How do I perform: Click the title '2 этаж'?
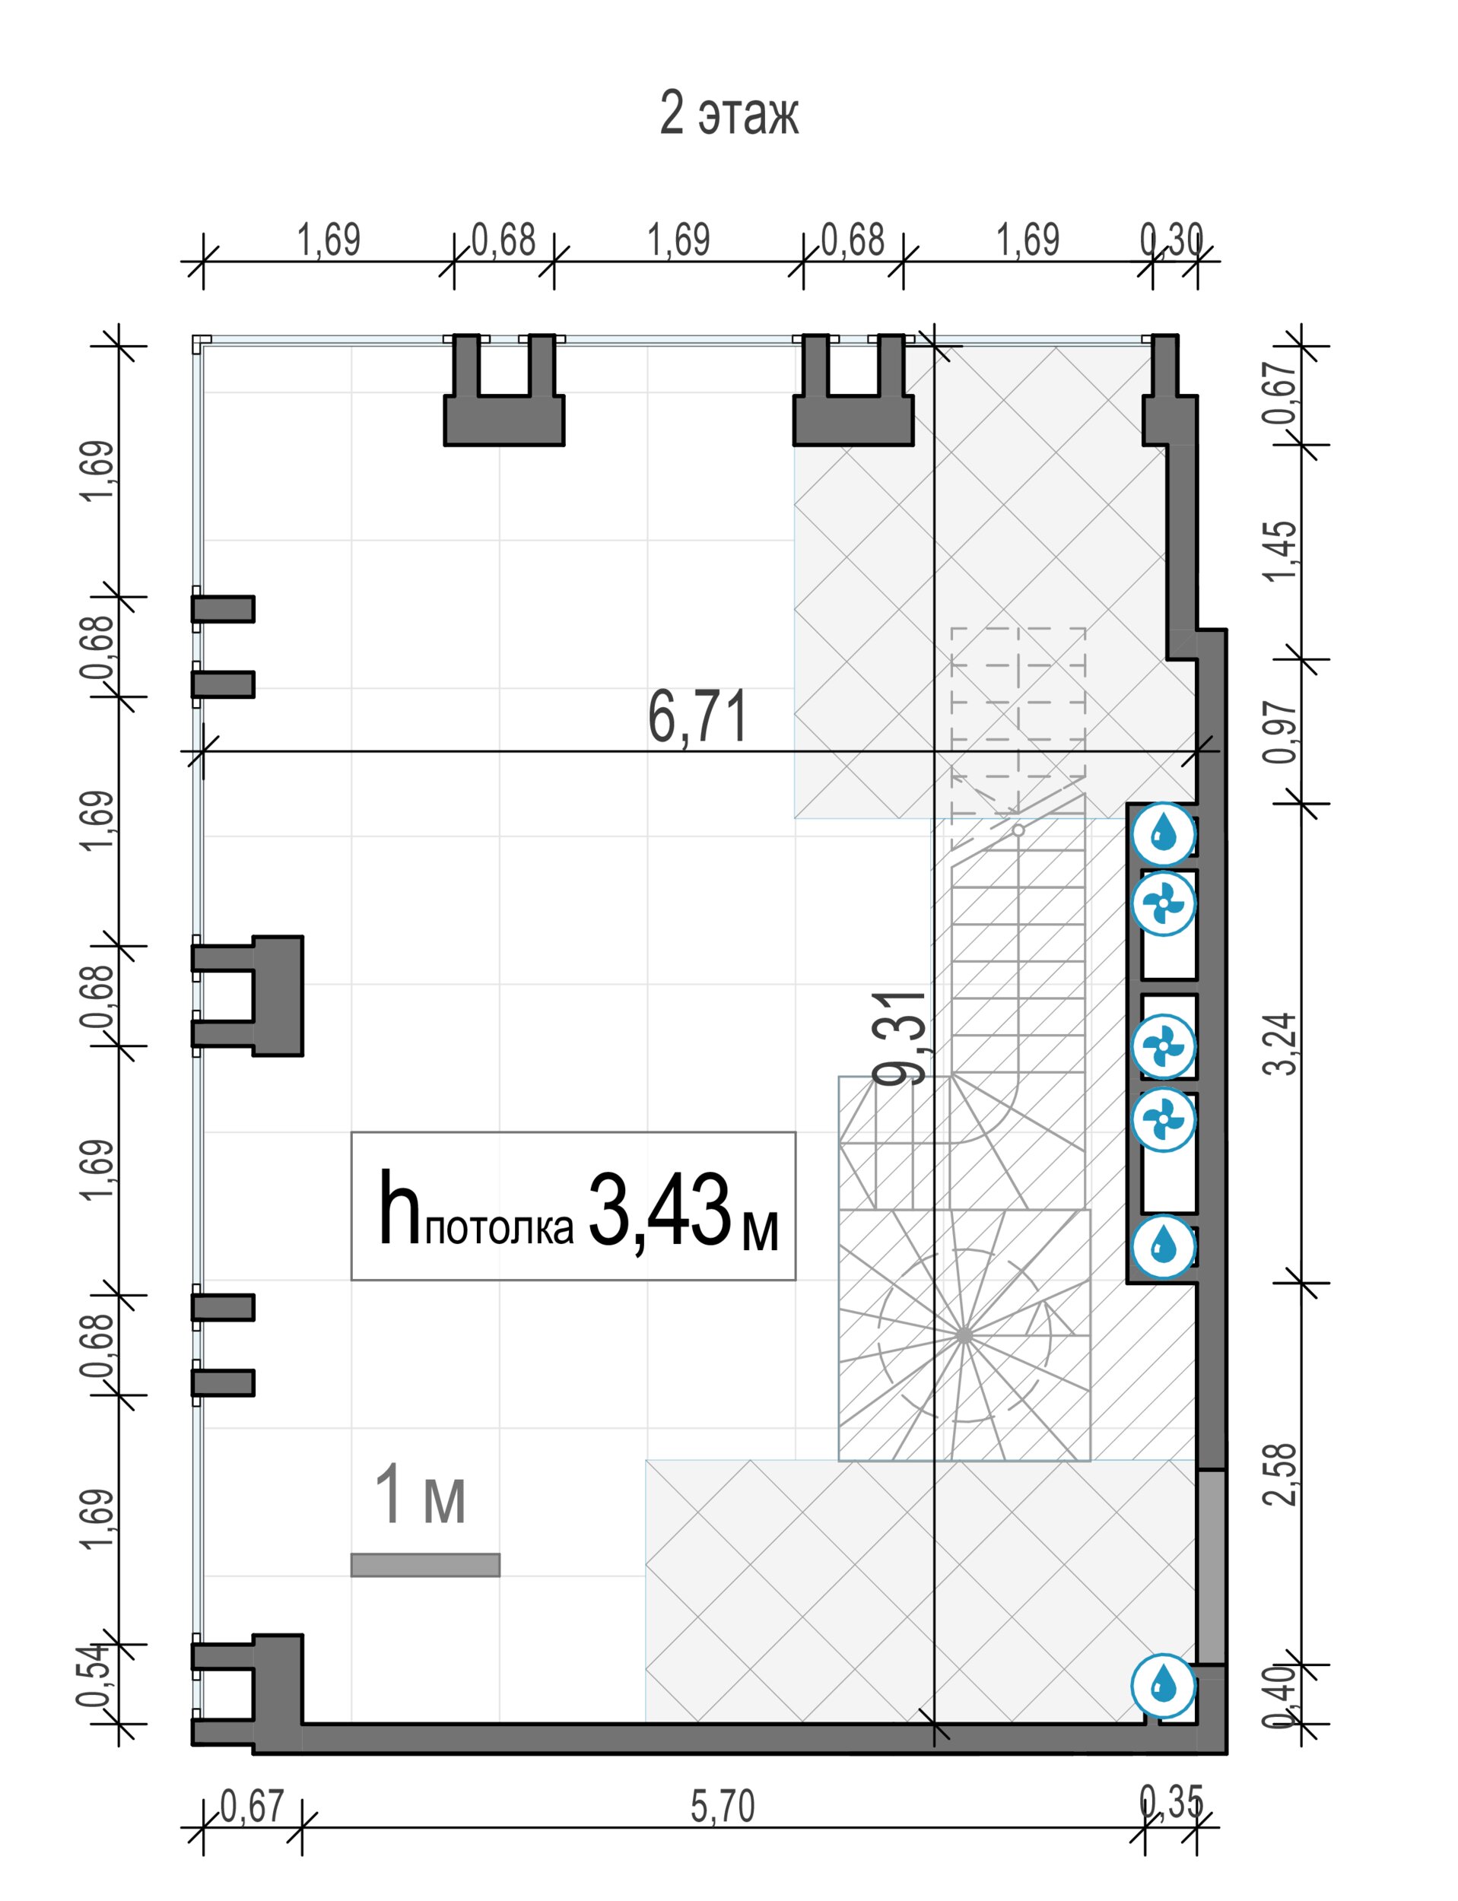[x=728, y=113]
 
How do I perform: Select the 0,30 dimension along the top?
[x=1171, y=240]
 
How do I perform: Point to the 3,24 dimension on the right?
[x=1282, y=1045]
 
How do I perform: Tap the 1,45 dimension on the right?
[x=1282, y=552]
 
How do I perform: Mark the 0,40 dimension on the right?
[x=1282, y=1696]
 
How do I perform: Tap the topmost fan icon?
[x=1164, y=904]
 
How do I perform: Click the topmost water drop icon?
[x=1164, y=835]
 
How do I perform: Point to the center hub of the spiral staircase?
[x=964, y=1335]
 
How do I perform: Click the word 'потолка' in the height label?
[x=499, y=1228]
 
